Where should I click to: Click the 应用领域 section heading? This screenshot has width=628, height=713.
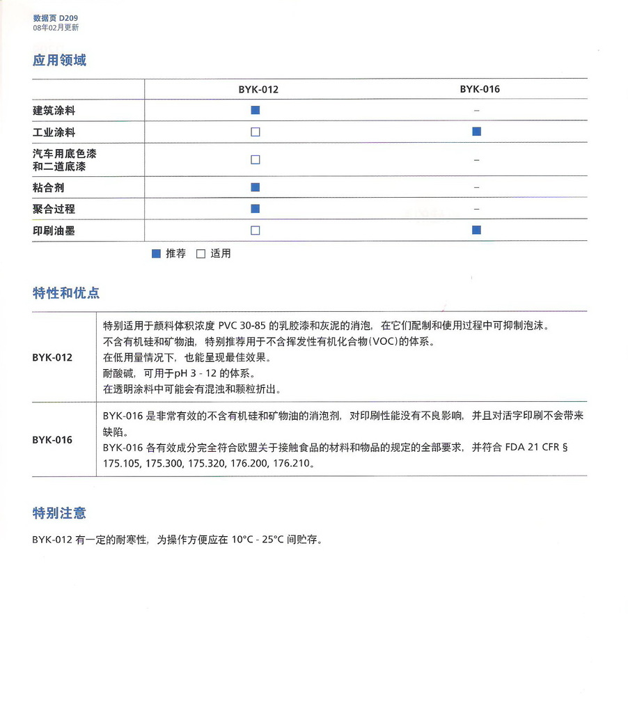pos(59,61)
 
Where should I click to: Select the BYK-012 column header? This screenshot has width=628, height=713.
pos(258,90)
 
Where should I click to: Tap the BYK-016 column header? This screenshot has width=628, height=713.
pos(479,89)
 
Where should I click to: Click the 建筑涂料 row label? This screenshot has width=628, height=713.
pos(54,111)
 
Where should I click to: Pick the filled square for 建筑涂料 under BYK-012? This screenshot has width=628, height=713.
pos(256,110)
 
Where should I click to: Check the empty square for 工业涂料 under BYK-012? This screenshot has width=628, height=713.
pos(256,132)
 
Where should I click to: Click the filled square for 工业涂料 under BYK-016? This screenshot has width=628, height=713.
pos(477,131)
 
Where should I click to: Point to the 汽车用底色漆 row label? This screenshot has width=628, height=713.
pos(64,154)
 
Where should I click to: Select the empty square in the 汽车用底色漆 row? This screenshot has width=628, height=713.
pos(256,159)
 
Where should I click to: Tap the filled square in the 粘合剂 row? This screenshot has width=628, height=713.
pos(256,187)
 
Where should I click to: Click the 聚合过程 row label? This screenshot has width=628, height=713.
pos(54,209)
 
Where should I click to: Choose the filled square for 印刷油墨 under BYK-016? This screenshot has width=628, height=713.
pos(477,230)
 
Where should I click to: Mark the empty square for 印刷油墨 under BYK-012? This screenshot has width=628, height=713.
pos(256,230)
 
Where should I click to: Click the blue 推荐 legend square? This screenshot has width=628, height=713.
pos(157,254)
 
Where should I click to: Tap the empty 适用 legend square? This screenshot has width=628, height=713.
pos(201,254)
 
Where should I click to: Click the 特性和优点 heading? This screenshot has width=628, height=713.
pos(66,293)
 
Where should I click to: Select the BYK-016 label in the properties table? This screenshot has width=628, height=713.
pos(52,440)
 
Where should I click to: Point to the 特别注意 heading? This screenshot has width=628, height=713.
pos(59,514)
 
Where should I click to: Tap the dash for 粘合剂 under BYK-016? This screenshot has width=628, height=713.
pos(477,187)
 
